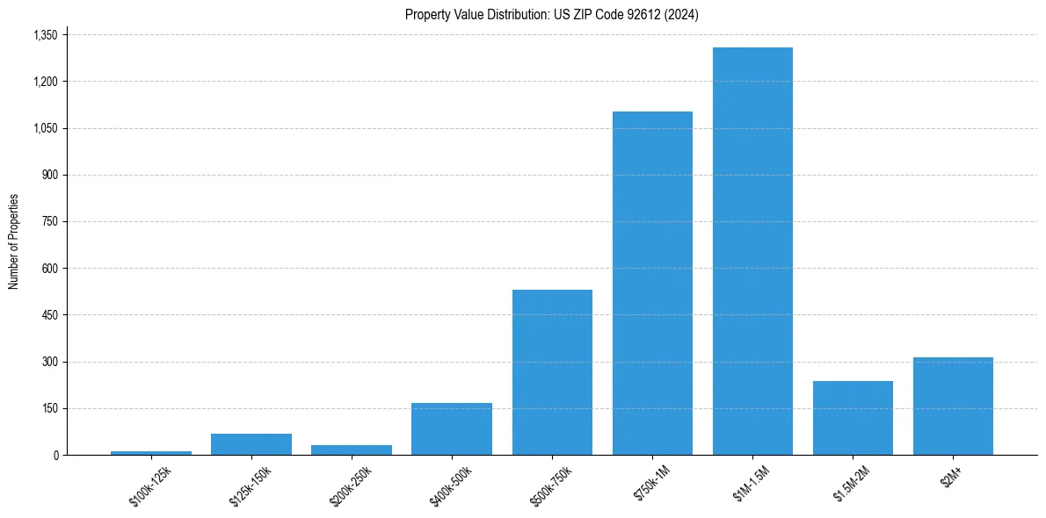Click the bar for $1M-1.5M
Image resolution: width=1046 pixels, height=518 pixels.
752,251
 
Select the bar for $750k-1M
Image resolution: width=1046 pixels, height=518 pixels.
652,283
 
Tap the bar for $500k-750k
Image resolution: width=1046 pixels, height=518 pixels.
552,372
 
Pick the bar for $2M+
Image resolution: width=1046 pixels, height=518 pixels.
953,406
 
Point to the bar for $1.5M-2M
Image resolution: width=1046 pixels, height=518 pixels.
853,418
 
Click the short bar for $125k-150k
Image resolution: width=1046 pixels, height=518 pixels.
251,444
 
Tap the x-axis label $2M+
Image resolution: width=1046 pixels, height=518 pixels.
952,478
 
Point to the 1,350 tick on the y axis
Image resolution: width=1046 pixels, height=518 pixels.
44,35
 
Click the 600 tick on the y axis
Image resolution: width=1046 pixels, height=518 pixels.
50,269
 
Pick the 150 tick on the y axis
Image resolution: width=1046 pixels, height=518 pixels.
50,408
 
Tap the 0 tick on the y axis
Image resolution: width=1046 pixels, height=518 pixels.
55,455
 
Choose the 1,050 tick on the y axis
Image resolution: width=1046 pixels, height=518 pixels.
44,128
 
